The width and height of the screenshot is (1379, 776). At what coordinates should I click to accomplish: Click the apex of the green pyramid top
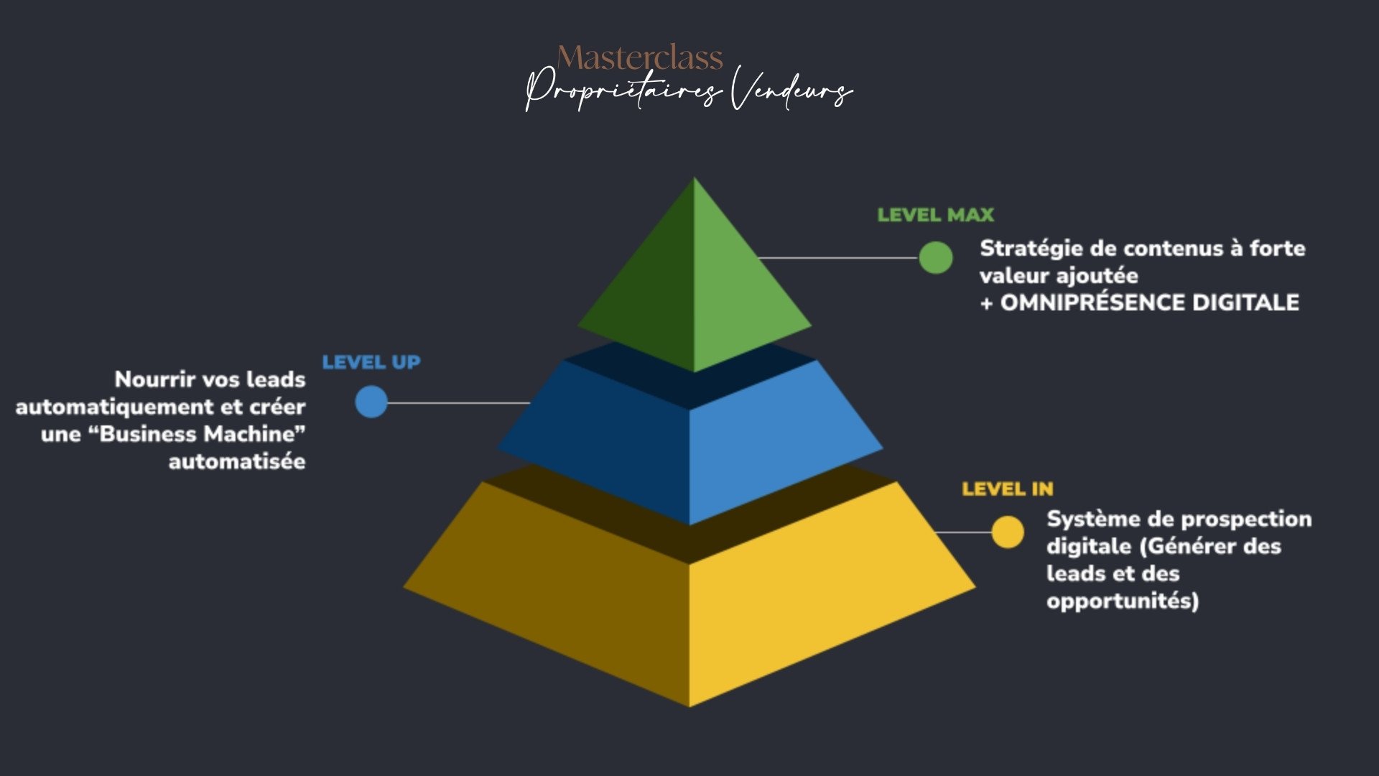pyautogui.click(x=694, y=177)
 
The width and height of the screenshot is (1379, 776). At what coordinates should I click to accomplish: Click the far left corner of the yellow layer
pyautogui.click(x=403, y=588)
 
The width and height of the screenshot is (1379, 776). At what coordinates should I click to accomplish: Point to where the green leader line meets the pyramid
pyautogui.click(x=759, y=257)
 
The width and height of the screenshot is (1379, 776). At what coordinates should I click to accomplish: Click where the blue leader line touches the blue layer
pyautogui.click(x=530, y=402)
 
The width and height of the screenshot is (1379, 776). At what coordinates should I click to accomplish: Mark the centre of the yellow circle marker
pyautogui.click(x=1008, y=532)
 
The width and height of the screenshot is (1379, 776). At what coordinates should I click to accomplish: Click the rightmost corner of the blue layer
pyautogui.click(x=883, y=449)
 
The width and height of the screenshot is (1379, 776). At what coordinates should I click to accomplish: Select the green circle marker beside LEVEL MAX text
pyautogui.click(x=936, y=257)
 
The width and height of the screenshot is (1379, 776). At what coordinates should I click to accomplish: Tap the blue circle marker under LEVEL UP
pyautogui.click(x=371, y=402)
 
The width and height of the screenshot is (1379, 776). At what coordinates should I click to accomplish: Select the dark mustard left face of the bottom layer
pyautogui.click(x=560, y=582)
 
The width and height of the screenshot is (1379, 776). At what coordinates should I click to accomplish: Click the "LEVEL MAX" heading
pyautogui.click(x=936, y=215)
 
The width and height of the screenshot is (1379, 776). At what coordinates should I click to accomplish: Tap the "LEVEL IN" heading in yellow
pyautogui.click(x=1008, y=489)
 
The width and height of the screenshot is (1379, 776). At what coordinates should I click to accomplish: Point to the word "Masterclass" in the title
pyautogui.click(x=640, y=57)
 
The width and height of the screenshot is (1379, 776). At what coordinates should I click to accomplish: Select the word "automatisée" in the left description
pyautogui.click(x=237, y=461)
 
